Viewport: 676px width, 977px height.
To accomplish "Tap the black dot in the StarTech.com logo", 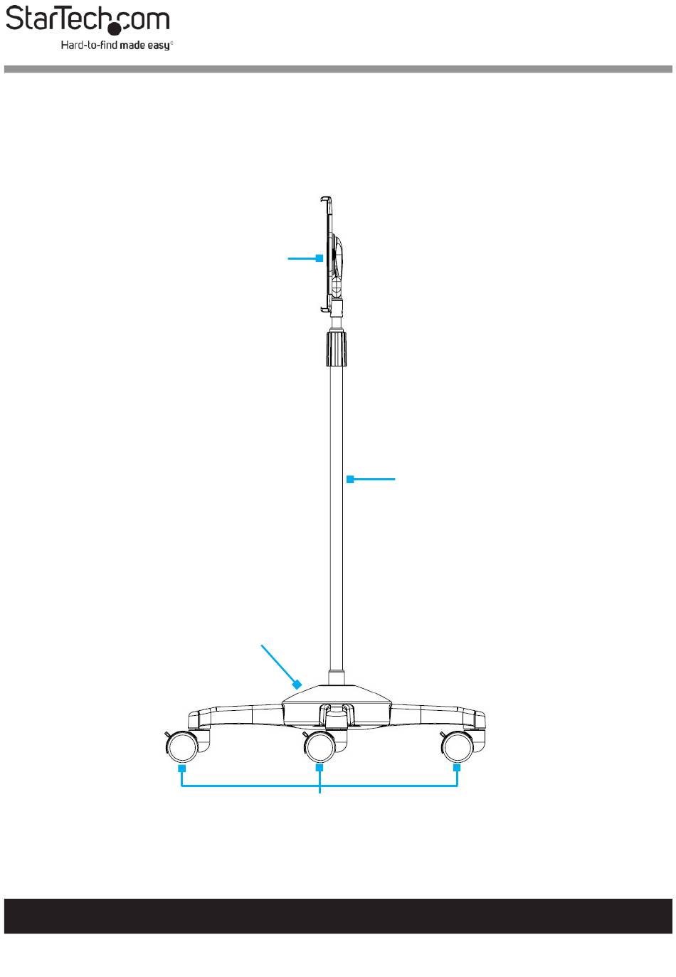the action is point(115,28).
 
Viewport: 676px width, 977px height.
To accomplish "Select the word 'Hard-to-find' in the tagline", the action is point(90,45).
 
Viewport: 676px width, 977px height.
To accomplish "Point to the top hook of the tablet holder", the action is point(325,199).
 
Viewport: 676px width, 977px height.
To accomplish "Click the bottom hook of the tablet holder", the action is point(325,310).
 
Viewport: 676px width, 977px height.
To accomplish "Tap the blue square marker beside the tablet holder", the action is point(319,258).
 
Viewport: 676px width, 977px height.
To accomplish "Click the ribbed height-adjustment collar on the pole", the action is point(337,349).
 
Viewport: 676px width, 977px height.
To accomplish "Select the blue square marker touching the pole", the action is point(350,479).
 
